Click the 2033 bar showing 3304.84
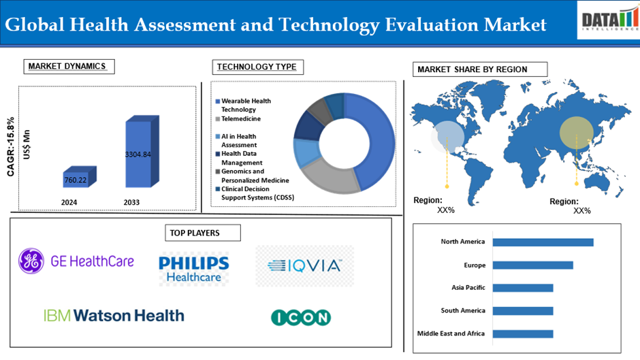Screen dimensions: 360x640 click(x=138, y=154)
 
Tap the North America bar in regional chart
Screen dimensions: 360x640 click(x=543, y=242)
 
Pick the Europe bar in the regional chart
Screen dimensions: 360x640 click(x=532, y=265)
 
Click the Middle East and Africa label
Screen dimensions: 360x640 click(x=451, y=333)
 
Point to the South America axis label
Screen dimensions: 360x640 click(x=463, y=310)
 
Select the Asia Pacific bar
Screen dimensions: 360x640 click(x=522, y=288)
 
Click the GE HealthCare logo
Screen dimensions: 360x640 click(x=77, y=261)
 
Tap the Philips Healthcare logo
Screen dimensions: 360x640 click(x=193, y=268)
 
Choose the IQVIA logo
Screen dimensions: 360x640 click(x=304, y=265)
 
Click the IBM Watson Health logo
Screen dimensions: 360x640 click(x=114, y=315)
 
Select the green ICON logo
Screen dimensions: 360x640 click(x=300, y=317)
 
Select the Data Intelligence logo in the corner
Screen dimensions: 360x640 click(x=606, y=20)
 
